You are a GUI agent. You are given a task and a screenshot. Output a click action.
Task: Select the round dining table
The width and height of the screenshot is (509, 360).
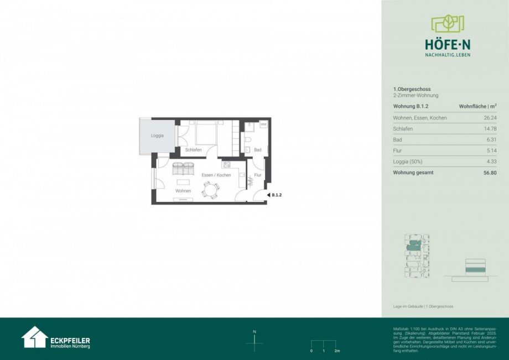[210, 189]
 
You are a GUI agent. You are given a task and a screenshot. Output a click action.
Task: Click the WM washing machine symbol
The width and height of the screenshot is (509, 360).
[263, 124]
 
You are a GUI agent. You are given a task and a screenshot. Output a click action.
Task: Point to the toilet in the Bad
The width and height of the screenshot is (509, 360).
[248, 149]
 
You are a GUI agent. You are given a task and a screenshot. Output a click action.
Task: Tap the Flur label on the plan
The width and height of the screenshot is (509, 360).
[257, 175]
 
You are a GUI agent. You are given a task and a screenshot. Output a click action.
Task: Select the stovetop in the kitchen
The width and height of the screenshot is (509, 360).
[226, 164]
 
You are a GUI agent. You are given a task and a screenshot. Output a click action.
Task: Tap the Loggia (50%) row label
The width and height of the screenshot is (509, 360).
[410, 161]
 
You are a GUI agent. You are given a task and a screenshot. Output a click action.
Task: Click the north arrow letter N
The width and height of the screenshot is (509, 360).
[254, 332]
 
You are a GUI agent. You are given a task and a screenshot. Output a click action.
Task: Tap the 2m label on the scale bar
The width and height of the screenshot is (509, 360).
[337, 351]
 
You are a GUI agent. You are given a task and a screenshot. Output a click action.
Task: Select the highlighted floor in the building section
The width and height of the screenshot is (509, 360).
[475, 270]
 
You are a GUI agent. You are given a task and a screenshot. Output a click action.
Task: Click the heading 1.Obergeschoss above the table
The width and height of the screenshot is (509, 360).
[412, 89]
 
